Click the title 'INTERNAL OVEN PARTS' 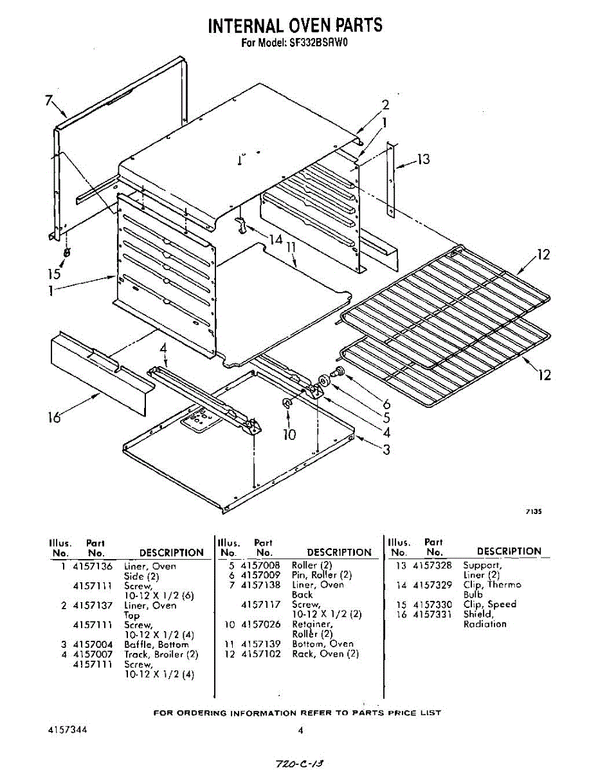click(x=295, y=25)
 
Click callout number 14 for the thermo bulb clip click(x=276, y=239)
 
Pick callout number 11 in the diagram click(x=291, y=247)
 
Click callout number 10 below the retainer click(x=289, y=435)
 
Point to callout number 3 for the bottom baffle click(x=386, y=450)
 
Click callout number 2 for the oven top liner click(x=385, y=105)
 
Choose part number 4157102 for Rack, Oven click(x=260, y=654)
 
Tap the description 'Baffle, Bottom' click(x=156, y=645)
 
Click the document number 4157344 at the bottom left click(x=68, y=731)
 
